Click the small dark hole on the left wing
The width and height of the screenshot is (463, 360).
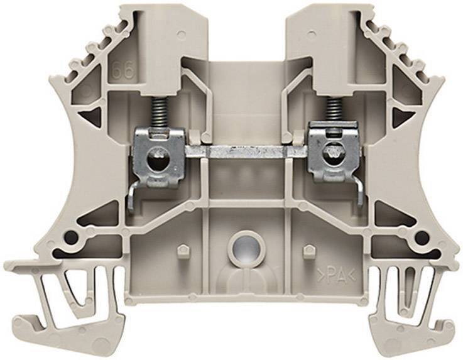(71, 237)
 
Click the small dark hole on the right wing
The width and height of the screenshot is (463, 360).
(422, 237)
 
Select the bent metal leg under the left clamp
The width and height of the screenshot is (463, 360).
(133, 201)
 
